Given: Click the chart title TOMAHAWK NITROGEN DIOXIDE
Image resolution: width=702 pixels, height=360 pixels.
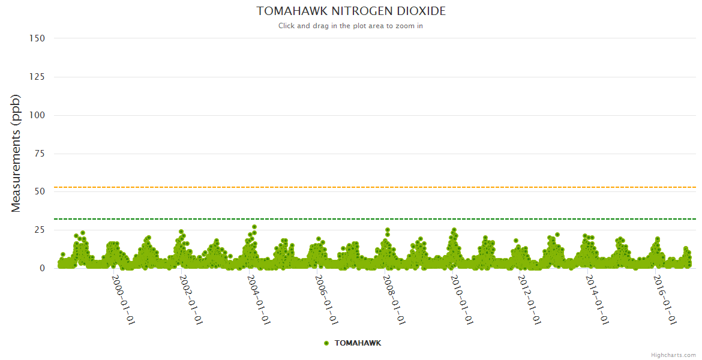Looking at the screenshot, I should click(x=351, y=11).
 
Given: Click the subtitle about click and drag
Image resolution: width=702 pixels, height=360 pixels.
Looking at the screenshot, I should click(x=351, y=26).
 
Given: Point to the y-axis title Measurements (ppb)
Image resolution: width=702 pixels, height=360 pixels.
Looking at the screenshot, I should click(x=16, y=154).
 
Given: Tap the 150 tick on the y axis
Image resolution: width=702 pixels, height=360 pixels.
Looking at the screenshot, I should click(x=37, y=38).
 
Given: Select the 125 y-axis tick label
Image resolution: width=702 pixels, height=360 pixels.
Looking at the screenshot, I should click(x=37, y=77).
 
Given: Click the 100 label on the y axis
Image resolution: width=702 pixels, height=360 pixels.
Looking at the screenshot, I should click(x=37, y=115).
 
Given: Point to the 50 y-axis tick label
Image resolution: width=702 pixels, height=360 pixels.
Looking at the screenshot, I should click(x=40, y=191).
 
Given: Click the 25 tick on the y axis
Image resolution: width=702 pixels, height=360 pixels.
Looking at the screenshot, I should click(x=40, y=230).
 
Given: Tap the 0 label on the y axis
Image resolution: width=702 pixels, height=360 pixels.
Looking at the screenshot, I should click(x=42, y=268).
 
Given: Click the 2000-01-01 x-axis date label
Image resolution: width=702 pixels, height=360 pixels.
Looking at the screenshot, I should click(x=123, y=300).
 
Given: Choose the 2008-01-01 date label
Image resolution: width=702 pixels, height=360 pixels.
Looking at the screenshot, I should click(x=394, y=300).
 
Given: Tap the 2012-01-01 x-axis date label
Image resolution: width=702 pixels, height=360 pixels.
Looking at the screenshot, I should click(x=529, y=300).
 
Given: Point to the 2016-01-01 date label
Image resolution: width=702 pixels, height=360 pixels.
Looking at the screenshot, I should click(x=664, y=300).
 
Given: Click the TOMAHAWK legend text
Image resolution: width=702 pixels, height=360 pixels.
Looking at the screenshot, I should click(x=358, y=343).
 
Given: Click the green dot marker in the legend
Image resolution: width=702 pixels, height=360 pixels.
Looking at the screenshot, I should click(x=326, y=343).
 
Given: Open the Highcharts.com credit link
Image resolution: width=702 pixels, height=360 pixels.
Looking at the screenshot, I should click(x=673, y=355).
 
